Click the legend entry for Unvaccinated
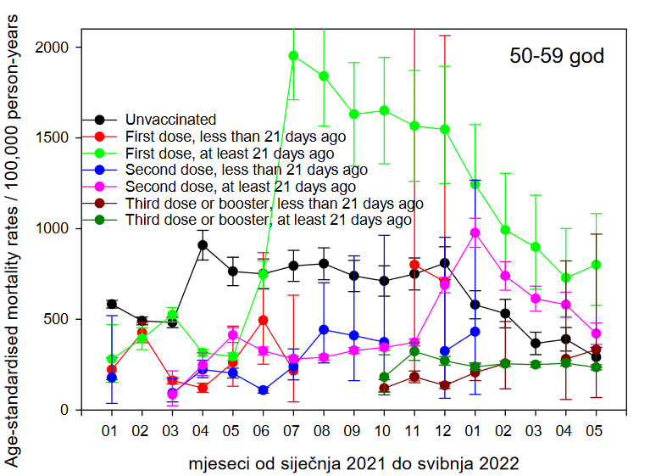pos(170,120)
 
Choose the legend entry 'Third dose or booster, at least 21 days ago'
pos(268,221)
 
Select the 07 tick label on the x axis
pos(293,432)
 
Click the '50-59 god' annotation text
pos(557,57)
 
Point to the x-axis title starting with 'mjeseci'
pos(353,464)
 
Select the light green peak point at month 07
pos(293,56)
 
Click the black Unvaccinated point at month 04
pos(203,245)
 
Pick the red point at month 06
pos(264,320)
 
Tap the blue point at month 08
pos(324,329)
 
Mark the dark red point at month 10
pos(384,388)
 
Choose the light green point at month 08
pos(324,76)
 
